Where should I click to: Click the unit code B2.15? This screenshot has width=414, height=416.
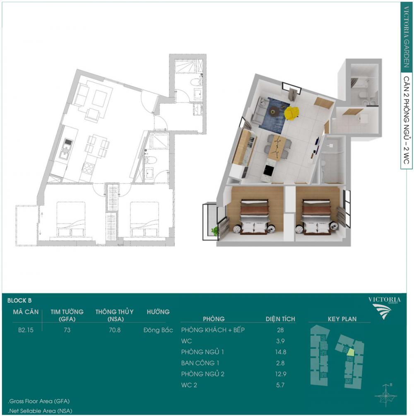coord(26,330)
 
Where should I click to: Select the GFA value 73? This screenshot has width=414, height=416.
coord(67,330)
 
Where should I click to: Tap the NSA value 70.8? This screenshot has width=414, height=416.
coord(115,330)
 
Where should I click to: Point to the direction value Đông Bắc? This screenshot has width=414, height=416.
coord(158,330)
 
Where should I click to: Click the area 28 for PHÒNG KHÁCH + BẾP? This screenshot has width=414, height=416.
coord(280,330)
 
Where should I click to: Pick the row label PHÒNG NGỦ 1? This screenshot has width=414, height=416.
coord(202,352)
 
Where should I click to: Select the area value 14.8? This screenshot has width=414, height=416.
coord(281,352)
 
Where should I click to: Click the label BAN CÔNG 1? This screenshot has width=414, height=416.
coord(200,363)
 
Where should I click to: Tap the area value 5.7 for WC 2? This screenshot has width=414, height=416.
coord(280,385)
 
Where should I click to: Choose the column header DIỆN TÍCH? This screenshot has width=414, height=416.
coord(280,319)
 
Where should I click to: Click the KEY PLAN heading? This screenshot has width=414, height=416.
coord(342,319)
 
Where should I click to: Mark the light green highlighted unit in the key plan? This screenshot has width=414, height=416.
coord(351,352)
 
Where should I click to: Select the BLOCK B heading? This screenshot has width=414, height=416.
coord(19,301)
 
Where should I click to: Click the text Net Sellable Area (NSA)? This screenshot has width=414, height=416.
coord(41,411)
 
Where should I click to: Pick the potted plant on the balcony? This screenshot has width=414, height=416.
coord(215,231)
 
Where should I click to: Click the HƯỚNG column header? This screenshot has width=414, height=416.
coord(158,312)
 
